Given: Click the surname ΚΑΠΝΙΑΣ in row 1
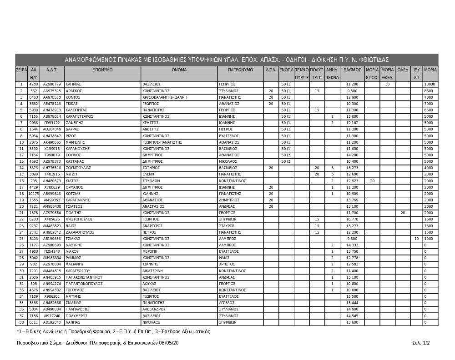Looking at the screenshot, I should [73, 85].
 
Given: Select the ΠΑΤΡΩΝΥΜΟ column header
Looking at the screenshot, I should [241, 70].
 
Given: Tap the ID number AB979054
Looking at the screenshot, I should [52, 117].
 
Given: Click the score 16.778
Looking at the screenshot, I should [352, 220].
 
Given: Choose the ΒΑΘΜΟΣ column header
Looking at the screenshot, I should [352, 70].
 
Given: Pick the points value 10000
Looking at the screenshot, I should [430, 85].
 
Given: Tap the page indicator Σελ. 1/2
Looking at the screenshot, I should [421, 343].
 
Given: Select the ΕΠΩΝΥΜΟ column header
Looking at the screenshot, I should [102, 70].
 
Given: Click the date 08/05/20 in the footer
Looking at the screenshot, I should [169, 343].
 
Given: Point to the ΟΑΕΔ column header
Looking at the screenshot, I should [403, 70].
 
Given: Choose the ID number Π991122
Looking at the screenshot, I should [52, 123].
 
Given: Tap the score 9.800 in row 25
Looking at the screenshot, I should [352, 239].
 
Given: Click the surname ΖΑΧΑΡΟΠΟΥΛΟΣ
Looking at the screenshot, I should [81, 232].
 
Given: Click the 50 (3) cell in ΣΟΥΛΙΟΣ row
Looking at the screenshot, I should [286, 155].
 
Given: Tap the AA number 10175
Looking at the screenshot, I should [34, 194].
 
